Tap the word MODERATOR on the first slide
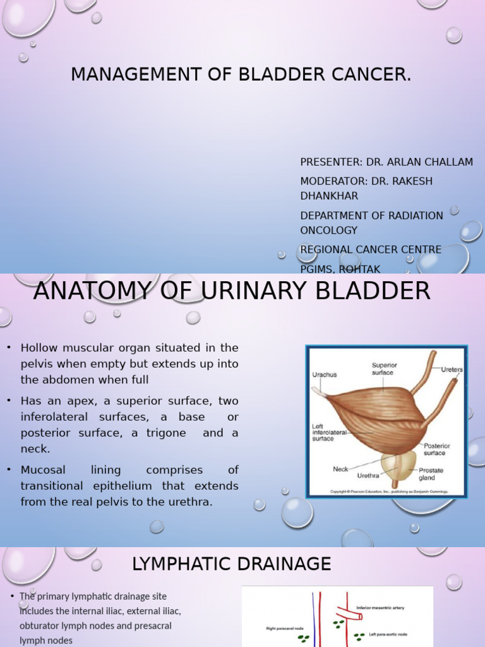click(333, 181)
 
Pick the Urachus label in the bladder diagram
click(325, 375)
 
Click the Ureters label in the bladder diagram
click(452, 370)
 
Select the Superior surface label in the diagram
click(384, 368)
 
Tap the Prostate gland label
click(431, 473)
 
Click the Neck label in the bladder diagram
click(341, 469)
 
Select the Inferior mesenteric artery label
click(380, 608)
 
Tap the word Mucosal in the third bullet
click(42, 470)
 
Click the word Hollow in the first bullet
click(39, 348)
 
